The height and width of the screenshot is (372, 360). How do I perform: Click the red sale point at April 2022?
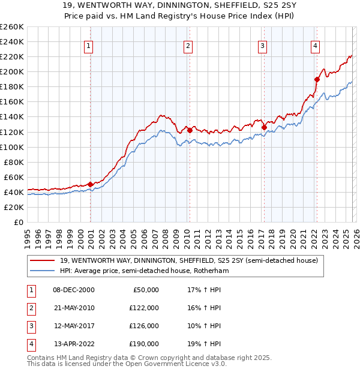(x=317, y=79)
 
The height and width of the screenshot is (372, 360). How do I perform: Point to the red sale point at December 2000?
(x=91, y=184)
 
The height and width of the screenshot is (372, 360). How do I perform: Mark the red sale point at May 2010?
(x=190, y=130)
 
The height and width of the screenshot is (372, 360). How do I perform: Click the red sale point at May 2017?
(x=264, y=127)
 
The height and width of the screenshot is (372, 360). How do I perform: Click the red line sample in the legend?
(x=43, y=260)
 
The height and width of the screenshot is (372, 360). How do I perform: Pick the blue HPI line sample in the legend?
(x=43, y=271)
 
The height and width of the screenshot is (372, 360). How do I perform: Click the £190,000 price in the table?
(x=144, y=344)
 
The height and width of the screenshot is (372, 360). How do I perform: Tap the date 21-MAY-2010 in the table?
(x=74, y=308)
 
